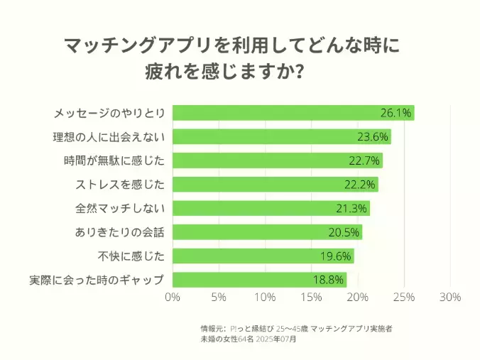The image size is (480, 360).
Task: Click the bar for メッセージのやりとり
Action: [293, 113]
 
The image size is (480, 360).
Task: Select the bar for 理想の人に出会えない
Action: [282, 137]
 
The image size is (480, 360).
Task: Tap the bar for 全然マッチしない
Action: [271, 208]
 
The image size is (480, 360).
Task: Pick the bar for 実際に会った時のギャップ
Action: [260, 280]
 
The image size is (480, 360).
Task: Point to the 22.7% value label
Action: [364, 160]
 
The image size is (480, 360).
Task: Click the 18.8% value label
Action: [329, 280]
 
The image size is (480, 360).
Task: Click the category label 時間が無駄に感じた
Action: [114, 160]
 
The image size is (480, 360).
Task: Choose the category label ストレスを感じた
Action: [120, 185]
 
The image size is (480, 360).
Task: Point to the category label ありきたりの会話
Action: [120, 232]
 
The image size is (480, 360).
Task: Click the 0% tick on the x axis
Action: [173, 297]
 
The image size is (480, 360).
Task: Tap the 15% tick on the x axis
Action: [312, 297]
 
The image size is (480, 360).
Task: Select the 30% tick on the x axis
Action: [450, 297]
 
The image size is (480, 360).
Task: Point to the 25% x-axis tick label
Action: [404, 297]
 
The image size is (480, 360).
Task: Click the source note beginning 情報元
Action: [296, 329]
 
